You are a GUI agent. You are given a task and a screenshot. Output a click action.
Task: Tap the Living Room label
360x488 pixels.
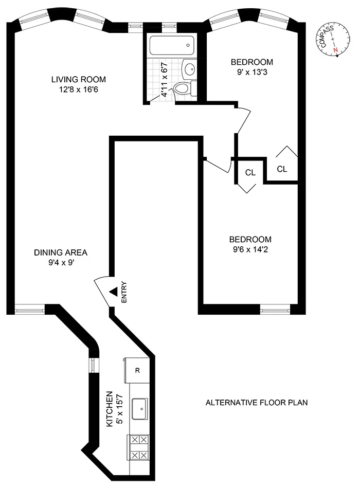[78, 79]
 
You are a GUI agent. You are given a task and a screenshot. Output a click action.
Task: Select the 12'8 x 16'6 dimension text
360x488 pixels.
[78, 88]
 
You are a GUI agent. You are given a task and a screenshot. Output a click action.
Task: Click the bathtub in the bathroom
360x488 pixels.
[172, 47]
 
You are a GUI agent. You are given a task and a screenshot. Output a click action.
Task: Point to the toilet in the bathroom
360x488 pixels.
[182, 88]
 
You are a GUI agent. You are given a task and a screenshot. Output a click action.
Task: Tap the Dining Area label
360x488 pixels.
[61, 252]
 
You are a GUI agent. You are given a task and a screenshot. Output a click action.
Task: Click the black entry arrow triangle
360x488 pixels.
[113, 292]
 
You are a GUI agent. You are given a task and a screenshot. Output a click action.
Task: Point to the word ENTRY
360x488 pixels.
[123, 293]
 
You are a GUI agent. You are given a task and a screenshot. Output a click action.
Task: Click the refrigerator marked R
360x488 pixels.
[137, 370]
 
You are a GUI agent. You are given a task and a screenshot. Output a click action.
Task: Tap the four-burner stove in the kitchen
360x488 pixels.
[139, 447]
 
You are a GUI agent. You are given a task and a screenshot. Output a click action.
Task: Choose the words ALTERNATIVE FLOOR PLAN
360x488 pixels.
[256, 402]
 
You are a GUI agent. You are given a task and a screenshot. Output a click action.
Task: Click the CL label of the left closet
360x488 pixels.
[250, 173]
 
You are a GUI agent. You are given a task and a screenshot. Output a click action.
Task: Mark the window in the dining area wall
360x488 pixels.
[26, 309]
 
